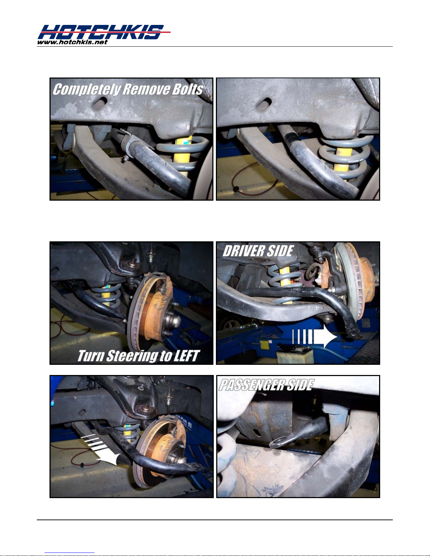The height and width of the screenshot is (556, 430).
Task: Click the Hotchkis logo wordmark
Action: pyautogui.click(x=104, y=32)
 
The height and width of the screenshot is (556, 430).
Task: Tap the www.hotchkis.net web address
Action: pyautogui.click(x=72, y=42)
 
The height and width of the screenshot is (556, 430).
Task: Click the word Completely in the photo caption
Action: pyautogui.click(x=86, y=89)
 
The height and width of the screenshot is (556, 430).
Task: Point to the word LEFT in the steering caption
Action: pyautogui.click(x=186, y=356)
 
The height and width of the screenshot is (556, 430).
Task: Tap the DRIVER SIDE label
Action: pyautogui.click(x=258, y=251)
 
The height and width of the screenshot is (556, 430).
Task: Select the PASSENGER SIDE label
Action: pyautogui.click(x=266, y=385)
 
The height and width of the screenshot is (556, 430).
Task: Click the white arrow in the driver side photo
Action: pyautogui.click(x=315, y=336)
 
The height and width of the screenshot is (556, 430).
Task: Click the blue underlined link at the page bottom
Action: pyautogui.click(x=70, y=553)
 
